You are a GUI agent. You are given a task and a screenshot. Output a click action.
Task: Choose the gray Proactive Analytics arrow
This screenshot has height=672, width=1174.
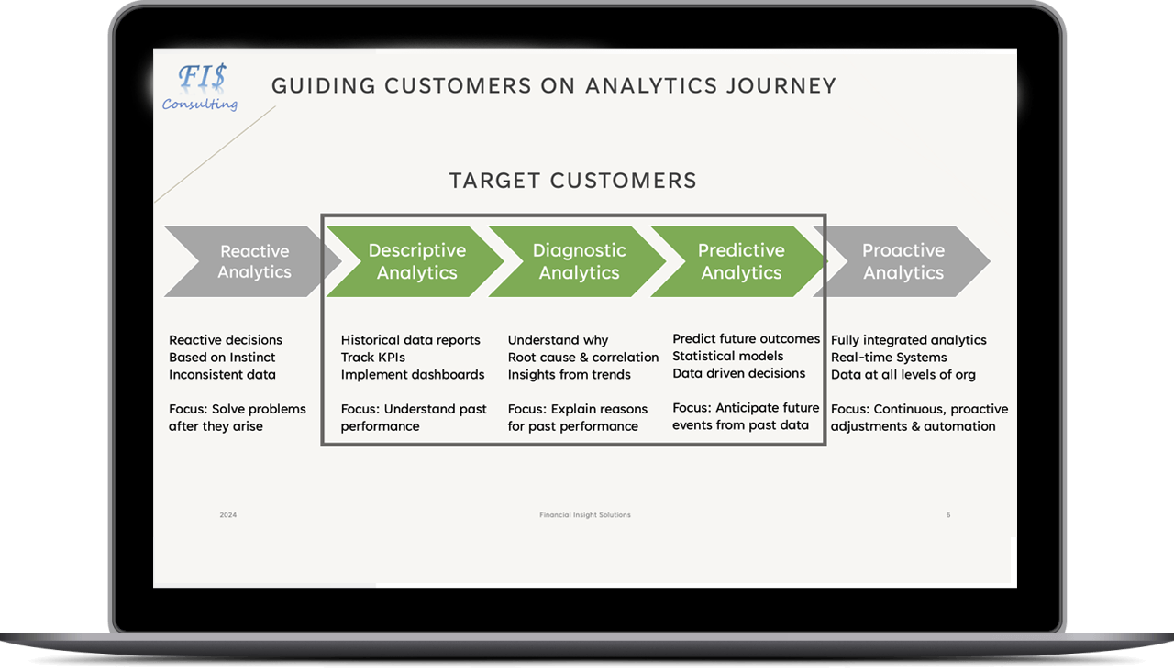[903, 261]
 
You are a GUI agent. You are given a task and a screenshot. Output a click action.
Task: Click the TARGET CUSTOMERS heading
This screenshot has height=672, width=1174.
[573, 181]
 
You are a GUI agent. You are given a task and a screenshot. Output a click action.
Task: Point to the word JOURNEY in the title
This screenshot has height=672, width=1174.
[780, 86]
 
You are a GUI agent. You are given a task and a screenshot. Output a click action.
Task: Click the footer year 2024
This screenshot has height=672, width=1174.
[228, 515]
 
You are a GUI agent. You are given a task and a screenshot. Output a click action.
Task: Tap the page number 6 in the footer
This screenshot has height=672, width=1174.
[948, 515]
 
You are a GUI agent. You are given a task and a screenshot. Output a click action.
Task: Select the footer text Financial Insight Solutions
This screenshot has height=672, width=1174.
[585, 515]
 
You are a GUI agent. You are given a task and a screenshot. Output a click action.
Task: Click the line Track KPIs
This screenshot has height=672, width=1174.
[372, 358]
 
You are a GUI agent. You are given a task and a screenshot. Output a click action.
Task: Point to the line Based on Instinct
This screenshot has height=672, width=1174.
[222, 358]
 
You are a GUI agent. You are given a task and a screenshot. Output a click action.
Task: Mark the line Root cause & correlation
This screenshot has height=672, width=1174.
[583, 358]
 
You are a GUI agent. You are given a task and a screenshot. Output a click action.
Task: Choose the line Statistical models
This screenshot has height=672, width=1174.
[728, 356]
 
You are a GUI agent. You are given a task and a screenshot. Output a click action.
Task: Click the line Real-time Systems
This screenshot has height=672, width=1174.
[889, 358]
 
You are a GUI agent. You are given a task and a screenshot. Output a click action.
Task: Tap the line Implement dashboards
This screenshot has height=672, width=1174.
[413, 375]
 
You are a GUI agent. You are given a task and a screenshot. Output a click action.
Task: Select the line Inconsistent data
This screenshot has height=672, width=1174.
[222, 375]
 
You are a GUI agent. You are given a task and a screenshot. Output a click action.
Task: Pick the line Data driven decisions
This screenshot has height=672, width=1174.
[739, 373]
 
